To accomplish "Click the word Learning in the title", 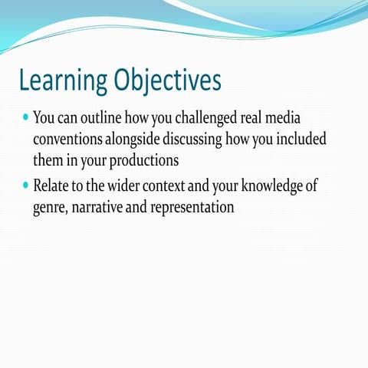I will (x=62, y=80).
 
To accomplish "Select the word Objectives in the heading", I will (x=167, y=80).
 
